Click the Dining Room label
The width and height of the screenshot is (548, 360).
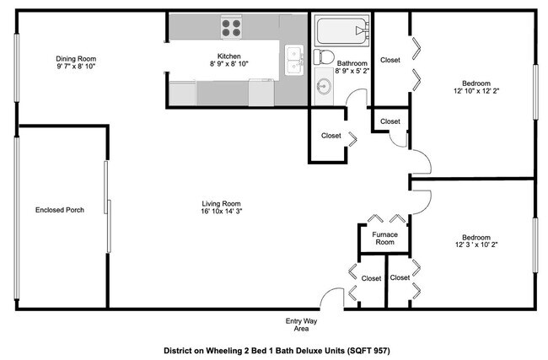tap(75, 56)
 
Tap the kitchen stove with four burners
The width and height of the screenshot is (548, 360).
tap(232, 29)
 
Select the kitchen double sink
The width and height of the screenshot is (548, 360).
tap(294, 61)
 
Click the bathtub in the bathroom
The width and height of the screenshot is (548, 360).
tap(341, 34)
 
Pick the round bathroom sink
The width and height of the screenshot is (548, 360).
tap(324, 84)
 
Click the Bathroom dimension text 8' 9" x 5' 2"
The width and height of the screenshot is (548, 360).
tap(352, 73)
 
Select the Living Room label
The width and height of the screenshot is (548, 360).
tap(221, 203)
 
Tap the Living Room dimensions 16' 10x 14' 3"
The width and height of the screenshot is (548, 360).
tap(221, 212)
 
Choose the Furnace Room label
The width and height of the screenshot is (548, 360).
tap(384, 238)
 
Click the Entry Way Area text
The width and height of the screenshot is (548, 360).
tap(301, 325)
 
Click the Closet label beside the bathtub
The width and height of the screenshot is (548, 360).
tap(390, 60)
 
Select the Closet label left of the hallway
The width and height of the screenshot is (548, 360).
tap(330, 136)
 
